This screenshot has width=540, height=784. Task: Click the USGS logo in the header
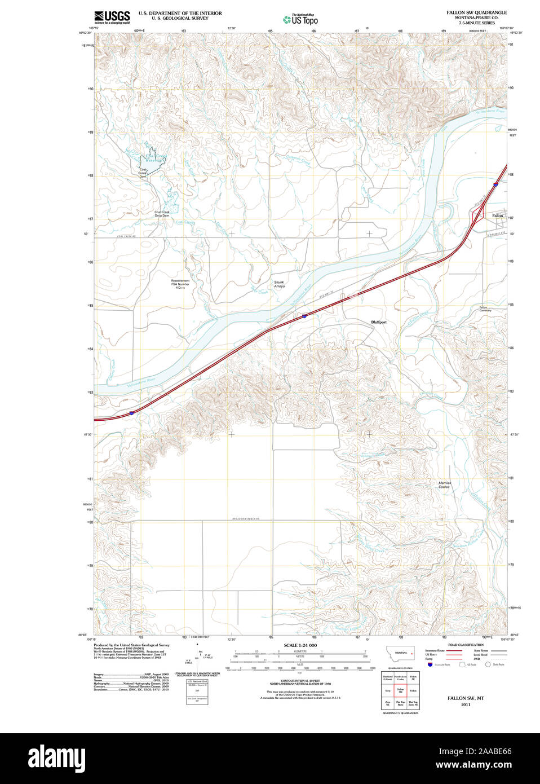112,17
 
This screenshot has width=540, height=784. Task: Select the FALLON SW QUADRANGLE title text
476,12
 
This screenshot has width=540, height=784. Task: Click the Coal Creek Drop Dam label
162,214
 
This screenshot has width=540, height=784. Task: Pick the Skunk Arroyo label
279,284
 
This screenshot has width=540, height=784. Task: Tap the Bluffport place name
379,322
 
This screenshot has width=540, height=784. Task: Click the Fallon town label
497,215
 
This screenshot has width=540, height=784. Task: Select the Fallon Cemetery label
485,309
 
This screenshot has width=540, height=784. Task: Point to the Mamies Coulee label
445,485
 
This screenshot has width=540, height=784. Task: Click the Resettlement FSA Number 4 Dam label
180,284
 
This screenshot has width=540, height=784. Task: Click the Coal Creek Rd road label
127,236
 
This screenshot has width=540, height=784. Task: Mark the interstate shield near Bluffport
304,316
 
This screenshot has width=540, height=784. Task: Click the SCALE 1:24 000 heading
300,645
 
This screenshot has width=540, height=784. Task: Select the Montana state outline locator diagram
400,653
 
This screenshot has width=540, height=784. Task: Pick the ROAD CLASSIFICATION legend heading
465,645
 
